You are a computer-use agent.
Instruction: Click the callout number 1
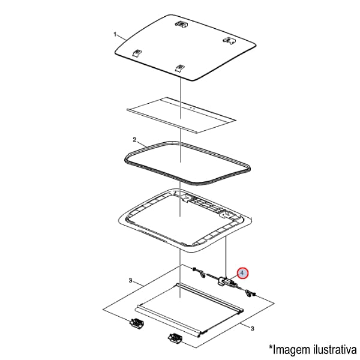[115, 35]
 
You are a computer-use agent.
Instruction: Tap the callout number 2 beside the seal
[134, 140]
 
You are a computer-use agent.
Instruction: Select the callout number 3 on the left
[130, 281]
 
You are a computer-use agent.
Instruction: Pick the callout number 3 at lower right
[253, 329]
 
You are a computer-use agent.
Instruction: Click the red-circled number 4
[242, 273]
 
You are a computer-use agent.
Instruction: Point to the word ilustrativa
[335, 349]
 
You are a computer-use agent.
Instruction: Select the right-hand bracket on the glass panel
[230, 41]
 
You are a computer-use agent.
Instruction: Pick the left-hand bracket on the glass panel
[137, 53]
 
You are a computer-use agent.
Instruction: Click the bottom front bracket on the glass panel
[180, 68]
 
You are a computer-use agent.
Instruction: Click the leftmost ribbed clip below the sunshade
[137, 323]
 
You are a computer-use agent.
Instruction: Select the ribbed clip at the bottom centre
[176, 338]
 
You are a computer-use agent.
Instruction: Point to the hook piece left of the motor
[199, 272]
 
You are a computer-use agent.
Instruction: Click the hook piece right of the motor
[250, 293]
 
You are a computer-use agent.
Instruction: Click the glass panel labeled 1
[185, 47]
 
